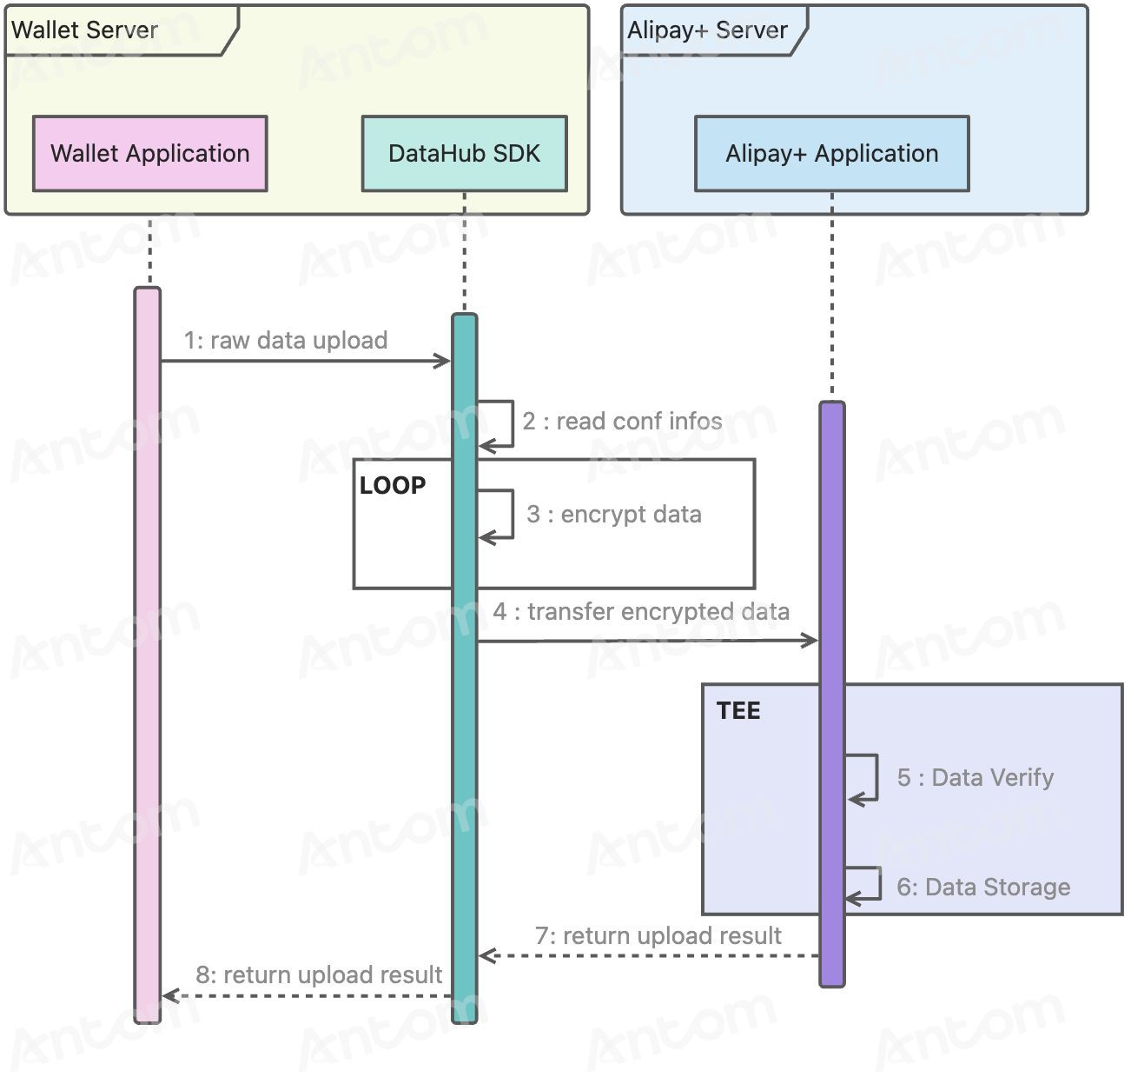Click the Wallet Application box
coord(150,154)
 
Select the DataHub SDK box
coord(465,154)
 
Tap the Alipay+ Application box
coord(831,154)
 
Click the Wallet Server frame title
coord(85,30)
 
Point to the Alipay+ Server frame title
coord(707,30)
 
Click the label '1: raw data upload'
coord(286,341)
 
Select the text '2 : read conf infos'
coord(623,421)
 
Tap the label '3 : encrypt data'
coord(614,515)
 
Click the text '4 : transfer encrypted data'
coord(642,612)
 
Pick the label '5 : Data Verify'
coord(976,777)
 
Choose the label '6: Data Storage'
coord(983,887)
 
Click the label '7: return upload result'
coord(658,935)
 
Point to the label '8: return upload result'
coord(319,974)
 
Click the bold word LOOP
coord(393,486)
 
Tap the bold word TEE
coord(738,711)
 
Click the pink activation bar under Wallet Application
coord(148,655)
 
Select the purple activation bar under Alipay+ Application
coord(832,695)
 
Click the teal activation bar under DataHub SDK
coord(465,668)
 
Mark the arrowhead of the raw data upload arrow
coord(444,361)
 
